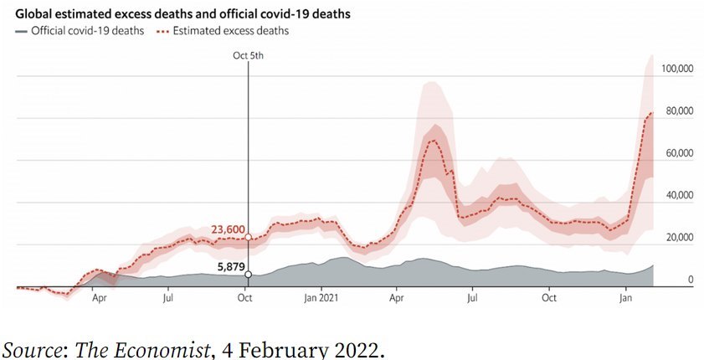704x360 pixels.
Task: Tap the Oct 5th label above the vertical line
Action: (x=248, y=55)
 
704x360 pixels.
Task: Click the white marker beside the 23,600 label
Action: (x=248, y=237)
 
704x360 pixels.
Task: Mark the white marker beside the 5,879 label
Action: (x=248, y=274)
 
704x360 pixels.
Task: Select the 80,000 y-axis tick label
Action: (x=678, y=111)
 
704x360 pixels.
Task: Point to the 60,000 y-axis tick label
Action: (x=678, y=153)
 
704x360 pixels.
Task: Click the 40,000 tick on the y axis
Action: (x=678, y=196)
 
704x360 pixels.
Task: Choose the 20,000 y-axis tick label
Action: (x=678, y=238)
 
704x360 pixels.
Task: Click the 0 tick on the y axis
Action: (x=690, y=280)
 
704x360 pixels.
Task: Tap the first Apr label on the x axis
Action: (x=99, y=297)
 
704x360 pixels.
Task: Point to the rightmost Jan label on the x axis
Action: (x=625, y=297)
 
